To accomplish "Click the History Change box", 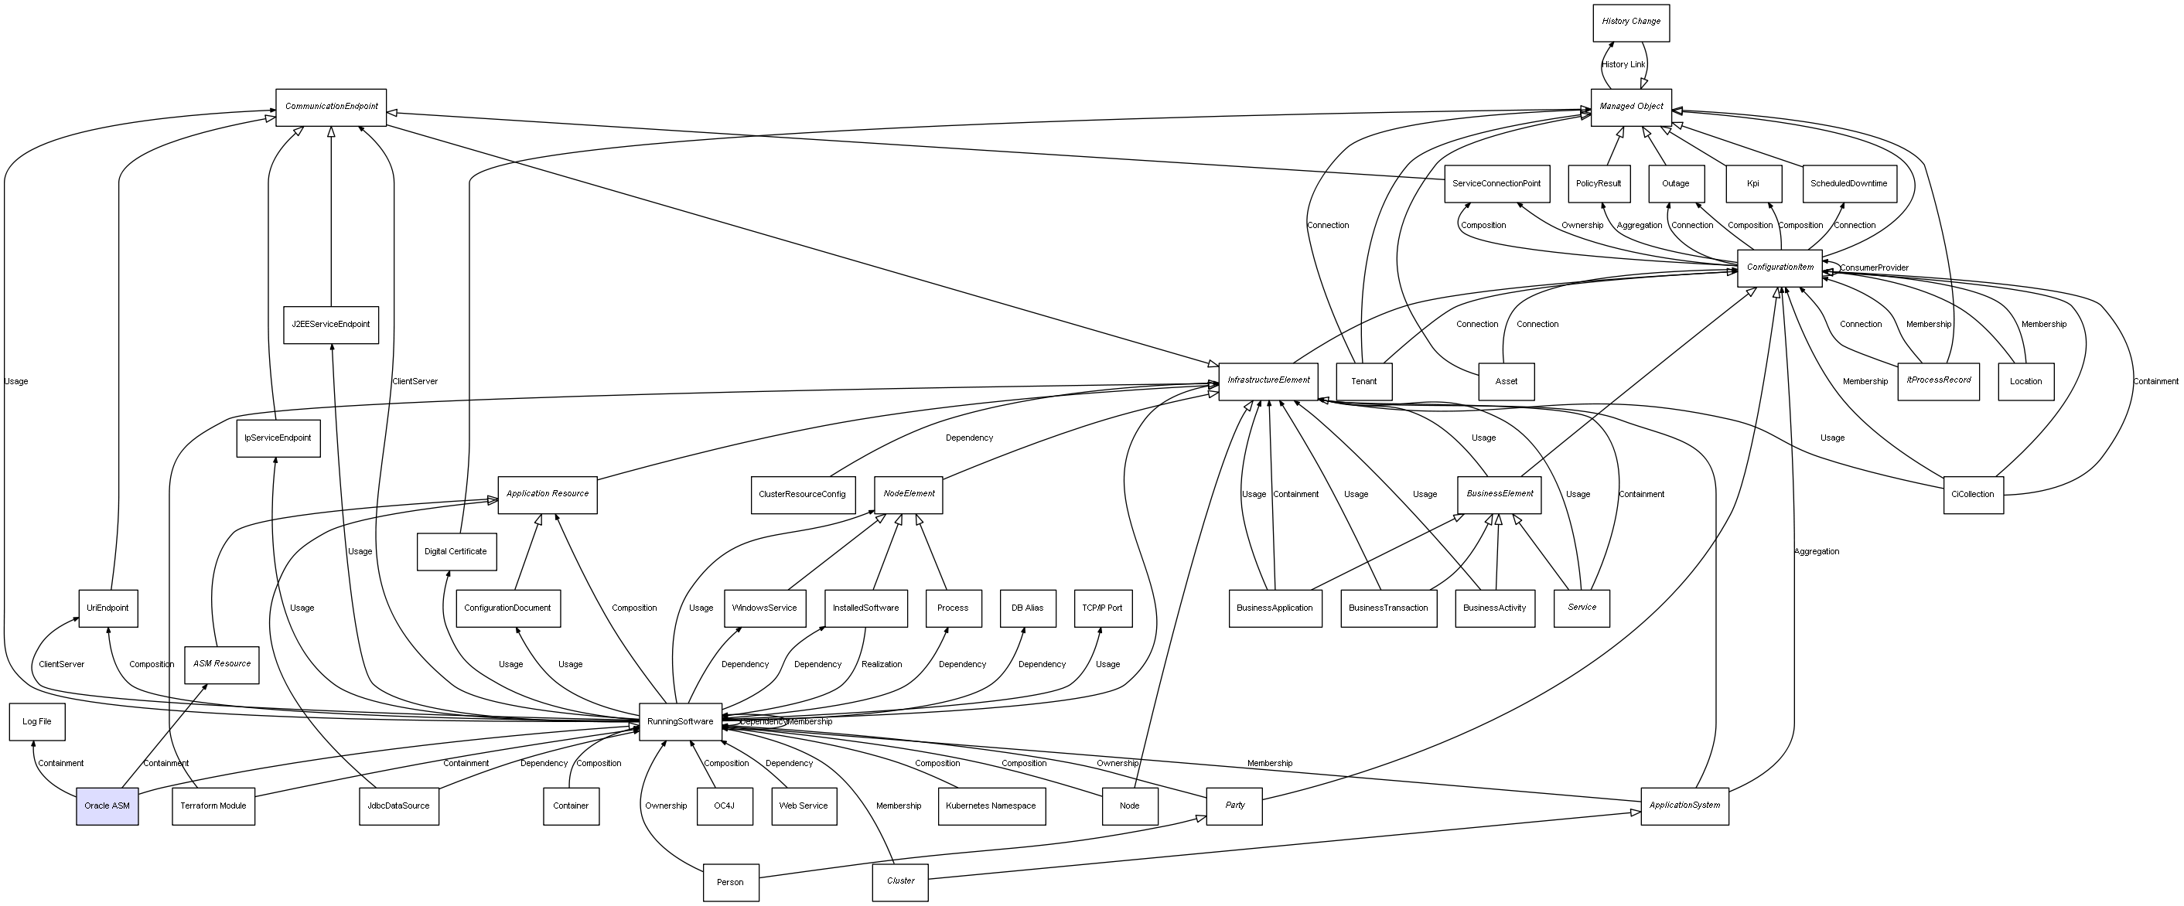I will point(1630,22).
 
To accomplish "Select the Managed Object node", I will point(1630,107).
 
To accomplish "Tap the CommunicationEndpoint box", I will point(331,107).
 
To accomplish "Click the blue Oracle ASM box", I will point(107,806).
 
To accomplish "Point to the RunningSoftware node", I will point(680,721).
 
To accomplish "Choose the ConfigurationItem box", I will point(1780,267).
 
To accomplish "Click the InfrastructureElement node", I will point(1268,380).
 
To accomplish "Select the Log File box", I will point(36,721).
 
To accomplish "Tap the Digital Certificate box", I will point(456,552).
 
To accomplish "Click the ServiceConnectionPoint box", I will point(1496,184).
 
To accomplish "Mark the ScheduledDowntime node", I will point(1848,184).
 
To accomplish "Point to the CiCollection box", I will point(1973,494).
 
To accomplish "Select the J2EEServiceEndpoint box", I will point(331,325).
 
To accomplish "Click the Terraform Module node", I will point(213,806).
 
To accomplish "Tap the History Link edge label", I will point(1623,64).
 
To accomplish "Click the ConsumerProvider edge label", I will point(1874,267).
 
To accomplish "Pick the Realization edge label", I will point(882,665).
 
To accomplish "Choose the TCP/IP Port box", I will point(1102,608).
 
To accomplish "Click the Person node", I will point(730,882).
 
